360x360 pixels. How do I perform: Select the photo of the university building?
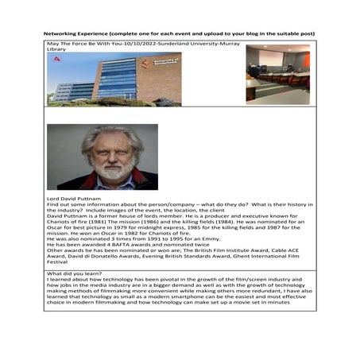(x=114, y=79)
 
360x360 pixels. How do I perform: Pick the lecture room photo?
(x=277, y=74)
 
